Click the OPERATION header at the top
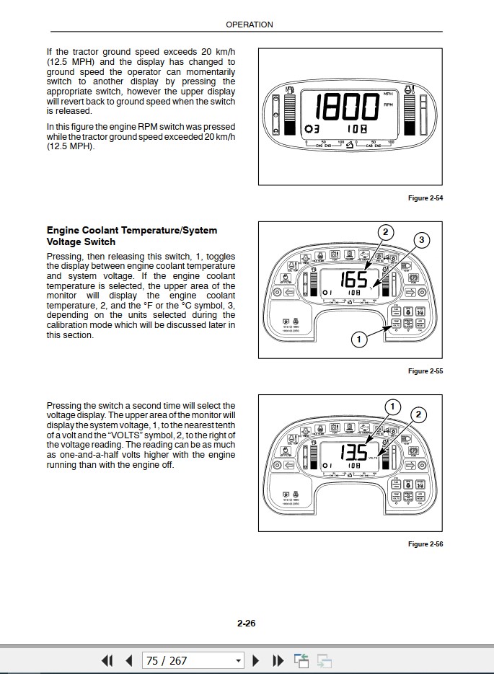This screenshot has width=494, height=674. pyautogui.click(x=250, y=25)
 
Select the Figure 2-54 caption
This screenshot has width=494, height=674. pyautogui.click(x=425, y=198)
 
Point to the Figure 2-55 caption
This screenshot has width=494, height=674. pyautogui.click(x=425, y=371)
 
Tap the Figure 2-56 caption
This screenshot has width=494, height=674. pyautogui.click(x=425, y=544)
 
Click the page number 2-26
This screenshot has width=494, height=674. pyautogui.click(x=247, y=624)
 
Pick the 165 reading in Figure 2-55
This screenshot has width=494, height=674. pyautogui.click(x=354, y=280)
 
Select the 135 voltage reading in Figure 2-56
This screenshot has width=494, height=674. pyautogui.click(x=353, y=453)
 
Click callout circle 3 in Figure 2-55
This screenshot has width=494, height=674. pyautogui.click(x=423, y=240)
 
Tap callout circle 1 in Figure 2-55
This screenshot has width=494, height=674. pyautogui.click(x=358, y=337)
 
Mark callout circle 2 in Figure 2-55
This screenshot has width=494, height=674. pyautogui.click(x=386, y=231)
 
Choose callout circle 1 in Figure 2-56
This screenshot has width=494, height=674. pyautogui.click(x=392, y=407)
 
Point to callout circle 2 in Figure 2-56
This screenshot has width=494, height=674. pyautogui.click(x=418, y=414)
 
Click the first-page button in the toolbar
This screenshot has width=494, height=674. pyautogui.click(x=107, y=660)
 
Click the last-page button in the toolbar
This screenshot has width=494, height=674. pyautogui.click(x=278, y=660)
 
